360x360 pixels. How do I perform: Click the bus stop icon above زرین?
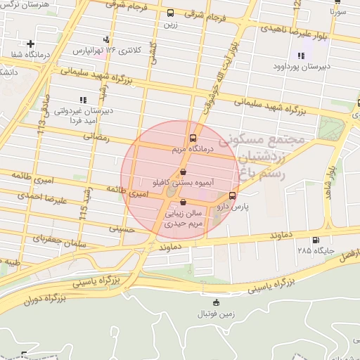coord(170,13)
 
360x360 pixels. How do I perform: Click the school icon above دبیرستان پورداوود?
coord(302,56)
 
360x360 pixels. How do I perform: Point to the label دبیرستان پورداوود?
coord(300,67)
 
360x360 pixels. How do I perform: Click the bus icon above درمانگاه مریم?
coord(193,139)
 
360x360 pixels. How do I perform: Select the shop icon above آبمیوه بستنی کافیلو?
coord(183,172)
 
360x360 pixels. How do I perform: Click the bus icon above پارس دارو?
coord(233,195)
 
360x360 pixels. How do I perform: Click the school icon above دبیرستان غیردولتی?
coord(83,100)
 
